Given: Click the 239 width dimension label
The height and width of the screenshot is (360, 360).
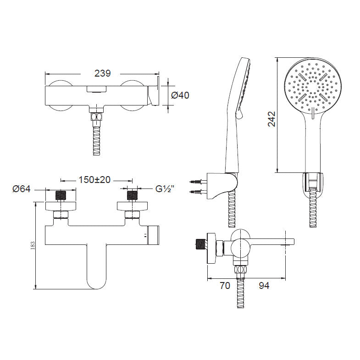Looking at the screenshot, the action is click(x=102, y=73).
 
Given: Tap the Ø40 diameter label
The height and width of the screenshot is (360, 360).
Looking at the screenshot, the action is click(x=180, y=95).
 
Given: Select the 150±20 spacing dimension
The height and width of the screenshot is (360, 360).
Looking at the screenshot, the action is click(x=94, y=179).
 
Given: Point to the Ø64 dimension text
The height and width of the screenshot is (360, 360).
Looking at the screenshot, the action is click(x=22, y=189).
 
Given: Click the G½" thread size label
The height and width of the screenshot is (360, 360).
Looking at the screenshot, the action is click(x=165, y=189).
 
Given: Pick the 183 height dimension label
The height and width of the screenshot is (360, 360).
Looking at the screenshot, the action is click(x=33, y=245).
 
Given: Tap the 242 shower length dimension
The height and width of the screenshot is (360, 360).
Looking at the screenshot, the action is click(x=271, y=119).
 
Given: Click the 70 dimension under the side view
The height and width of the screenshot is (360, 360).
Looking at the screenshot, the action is click(x=225, y=285).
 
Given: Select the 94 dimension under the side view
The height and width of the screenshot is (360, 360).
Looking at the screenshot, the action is click(x=264, y=285).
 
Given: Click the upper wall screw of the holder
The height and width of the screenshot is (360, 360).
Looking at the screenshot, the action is click(x=196, y=182).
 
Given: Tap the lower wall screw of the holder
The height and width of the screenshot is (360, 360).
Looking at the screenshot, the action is click(x=196, y=192).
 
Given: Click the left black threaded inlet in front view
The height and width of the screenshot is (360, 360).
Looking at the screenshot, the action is click(x=61, y=195).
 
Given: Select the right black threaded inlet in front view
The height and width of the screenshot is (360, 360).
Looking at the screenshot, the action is click(x=132, y=195).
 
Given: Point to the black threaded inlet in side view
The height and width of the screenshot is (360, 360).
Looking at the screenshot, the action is click(x=201, y=244).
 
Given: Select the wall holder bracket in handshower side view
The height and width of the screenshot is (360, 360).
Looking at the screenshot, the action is click(x=222, y=186).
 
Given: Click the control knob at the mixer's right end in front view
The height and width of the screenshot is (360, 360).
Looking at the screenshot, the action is click(x=154, y=235).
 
